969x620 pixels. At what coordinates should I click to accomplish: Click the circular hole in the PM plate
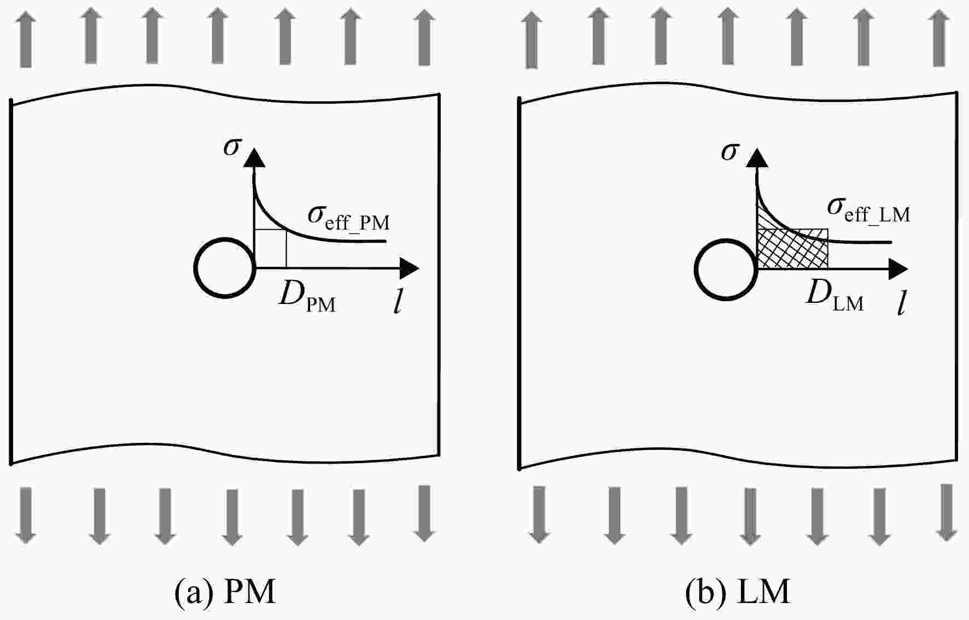click(x=195, y=268)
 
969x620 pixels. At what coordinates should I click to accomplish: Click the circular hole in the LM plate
click(x=696, y=270)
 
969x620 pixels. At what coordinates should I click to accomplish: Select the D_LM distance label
click(x=835, y=296)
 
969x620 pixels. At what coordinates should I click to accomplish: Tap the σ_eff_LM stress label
click(x=869, y=209)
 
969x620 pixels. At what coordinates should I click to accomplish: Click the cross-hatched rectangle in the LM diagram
click(x=792, y=248)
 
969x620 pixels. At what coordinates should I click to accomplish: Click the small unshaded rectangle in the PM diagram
click(x=271, y=249)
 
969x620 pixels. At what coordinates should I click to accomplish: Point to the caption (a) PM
click(x=225, y=592)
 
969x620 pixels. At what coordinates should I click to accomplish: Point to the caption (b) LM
click(x=738, y=592)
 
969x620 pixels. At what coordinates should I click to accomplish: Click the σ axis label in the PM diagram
click(x=232, y=146)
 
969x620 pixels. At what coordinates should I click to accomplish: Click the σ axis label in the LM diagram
click(x=730, y=150)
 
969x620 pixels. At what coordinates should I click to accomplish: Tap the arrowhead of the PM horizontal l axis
click(x=410, y=268)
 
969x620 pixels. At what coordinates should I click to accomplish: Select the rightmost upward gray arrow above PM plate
click(x=424, y=38)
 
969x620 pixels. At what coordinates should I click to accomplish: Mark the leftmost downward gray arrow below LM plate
click(x=539, y=514)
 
